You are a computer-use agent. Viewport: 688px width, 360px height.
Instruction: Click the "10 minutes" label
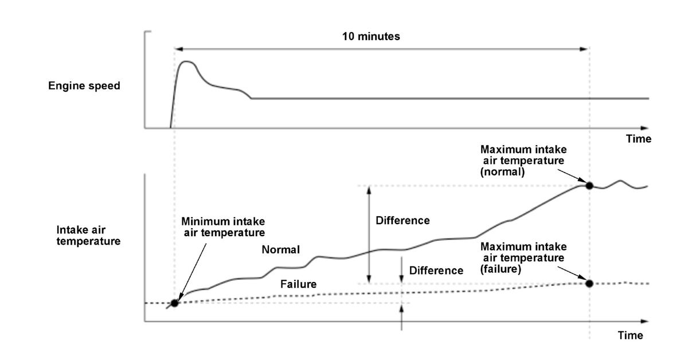[371, 36]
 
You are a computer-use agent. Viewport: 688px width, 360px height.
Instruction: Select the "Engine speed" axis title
[84, 86]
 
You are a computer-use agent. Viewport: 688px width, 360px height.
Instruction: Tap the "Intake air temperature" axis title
[89, 235]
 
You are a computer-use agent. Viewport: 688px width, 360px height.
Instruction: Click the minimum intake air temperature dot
[175, 303]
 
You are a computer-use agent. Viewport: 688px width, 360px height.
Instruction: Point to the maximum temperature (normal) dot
[589, 185]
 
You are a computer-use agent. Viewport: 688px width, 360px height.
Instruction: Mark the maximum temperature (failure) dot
[589, 283]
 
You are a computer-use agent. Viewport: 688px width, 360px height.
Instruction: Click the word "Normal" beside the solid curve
[281, 249]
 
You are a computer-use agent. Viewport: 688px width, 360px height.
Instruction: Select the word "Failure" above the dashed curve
[298, 284]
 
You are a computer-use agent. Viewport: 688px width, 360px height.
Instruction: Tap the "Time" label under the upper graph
[638, 139]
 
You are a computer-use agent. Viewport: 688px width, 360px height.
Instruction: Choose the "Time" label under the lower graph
[630, 335]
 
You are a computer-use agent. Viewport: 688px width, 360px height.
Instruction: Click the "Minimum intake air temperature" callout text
[224, 226]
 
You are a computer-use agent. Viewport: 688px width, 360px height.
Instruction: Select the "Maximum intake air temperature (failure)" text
[523, 257]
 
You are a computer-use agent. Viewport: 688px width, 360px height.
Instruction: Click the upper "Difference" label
[402, 220]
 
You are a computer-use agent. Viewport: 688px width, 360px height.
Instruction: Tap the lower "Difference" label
[436, 270]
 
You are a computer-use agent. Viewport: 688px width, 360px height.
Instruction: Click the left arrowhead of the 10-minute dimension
[178, 49]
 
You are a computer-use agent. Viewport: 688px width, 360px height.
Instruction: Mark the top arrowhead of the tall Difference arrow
[369, 189]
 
